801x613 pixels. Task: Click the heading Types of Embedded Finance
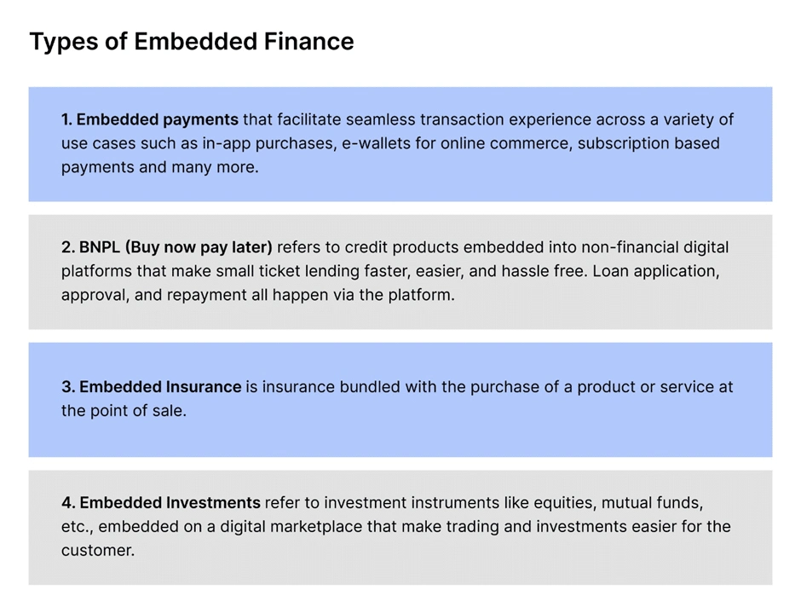[x=192, y=42]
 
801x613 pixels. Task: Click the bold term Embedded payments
[x=158, y=119]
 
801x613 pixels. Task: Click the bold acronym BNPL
[x=99, y=247]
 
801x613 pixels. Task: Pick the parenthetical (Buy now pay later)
[x=199, y=247]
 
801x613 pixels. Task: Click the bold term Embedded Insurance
[x=160, y=387]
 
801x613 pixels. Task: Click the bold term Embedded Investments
[x=170, y=503]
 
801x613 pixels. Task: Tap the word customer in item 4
[x=98, y=551]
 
